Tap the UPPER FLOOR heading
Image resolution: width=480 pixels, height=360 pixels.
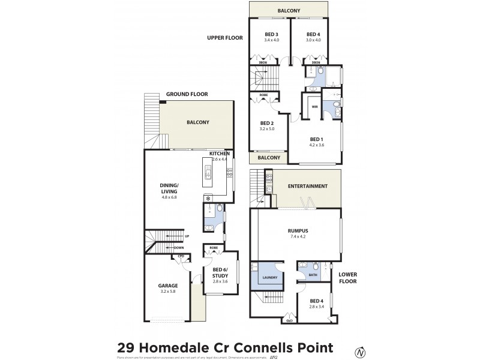(x=224, y=37)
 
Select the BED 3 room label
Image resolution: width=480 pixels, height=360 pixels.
(x=271, y=34)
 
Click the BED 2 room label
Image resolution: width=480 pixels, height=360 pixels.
(x=267, y=122)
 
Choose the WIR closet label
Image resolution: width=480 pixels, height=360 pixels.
(x=314, y=107)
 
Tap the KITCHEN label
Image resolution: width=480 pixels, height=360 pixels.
(x=220, y=154)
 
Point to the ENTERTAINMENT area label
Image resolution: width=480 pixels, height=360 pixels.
(x=307, y=186)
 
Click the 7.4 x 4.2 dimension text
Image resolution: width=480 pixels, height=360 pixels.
(x=298, y=235)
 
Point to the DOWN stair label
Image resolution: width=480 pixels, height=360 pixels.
(x=179, y=247)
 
